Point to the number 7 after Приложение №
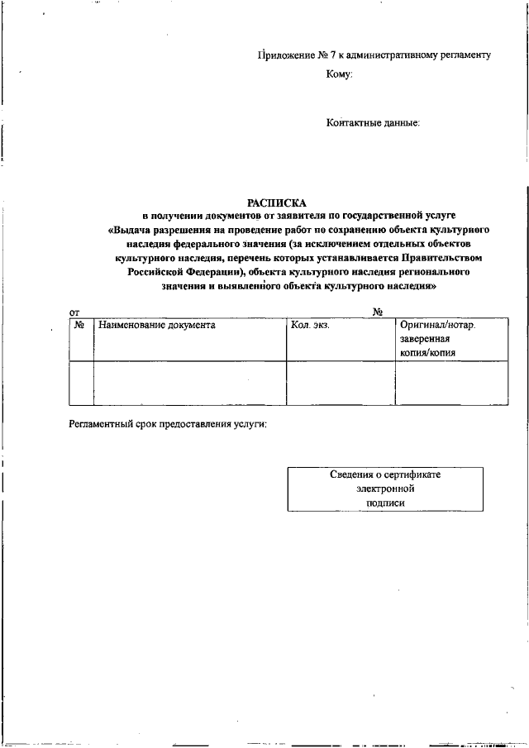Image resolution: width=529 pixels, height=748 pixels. (332, 55)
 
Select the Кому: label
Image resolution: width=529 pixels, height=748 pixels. (340, 74)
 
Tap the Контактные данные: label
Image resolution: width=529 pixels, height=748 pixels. (373, 123)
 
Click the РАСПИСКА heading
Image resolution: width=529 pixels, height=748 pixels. (277, 202)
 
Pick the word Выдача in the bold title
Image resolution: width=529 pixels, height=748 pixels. (135, 229)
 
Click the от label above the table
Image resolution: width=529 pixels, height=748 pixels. (74, 312)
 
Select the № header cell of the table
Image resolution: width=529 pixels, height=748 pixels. (81, 326)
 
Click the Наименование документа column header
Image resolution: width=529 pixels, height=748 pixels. (157, 326)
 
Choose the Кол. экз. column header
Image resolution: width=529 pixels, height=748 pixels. (311, 326)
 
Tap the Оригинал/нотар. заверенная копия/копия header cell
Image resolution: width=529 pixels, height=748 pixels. (437, 339)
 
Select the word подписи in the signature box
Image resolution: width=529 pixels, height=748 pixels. (385, 503)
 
